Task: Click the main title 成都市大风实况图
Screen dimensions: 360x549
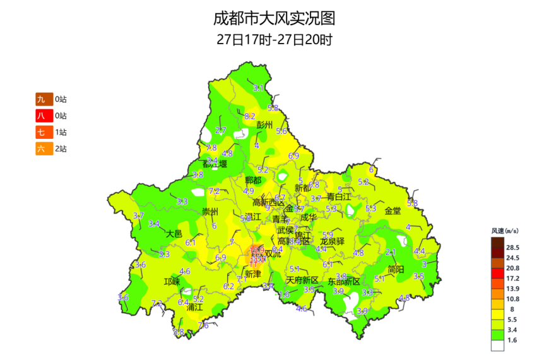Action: pos(274,17)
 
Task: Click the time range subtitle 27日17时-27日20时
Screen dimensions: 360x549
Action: pos(274,39)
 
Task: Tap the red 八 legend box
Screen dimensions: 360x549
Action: pos(41,116)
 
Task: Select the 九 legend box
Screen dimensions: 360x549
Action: pos(41,99)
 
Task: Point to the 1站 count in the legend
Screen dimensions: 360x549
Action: pos(61,132)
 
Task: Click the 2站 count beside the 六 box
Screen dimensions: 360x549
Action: pos(61,148)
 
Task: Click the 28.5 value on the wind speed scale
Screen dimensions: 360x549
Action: pos(512,248)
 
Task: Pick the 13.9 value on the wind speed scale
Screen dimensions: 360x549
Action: pos(512,288)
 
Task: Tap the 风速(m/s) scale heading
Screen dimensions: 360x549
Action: pos(504,231)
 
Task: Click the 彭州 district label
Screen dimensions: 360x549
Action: pos(265,125)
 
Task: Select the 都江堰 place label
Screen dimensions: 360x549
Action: pos(215,164)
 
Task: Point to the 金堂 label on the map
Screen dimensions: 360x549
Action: pos(393,211)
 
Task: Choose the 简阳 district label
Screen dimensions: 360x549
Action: pos(396,270)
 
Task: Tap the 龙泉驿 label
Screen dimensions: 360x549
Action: pos(332,241)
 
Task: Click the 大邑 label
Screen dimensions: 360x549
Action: pos(174,234)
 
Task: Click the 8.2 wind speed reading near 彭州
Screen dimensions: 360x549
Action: pos(249,116)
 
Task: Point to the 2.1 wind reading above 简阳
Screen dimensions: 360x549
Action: pos(390,253)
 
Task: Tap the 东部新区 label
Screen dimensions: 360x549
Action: pos(344,281)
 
